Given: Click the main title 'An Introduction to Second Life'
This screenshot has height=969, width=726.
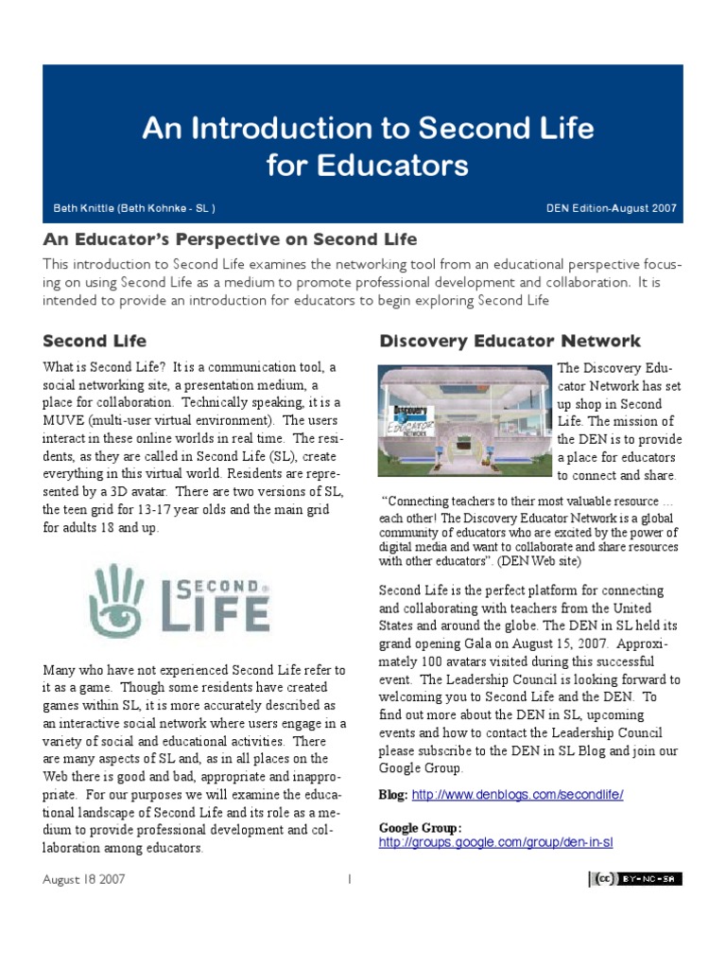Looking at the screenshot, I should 368,128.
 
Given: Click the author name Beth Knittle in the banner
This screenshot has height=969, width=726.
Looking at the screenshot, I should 139,208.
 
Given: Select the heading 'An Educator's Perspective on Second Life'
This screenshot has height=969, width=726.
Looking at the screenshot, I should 230,239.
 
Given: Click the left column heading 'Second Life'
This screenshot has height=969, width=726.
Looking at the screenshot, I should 95,340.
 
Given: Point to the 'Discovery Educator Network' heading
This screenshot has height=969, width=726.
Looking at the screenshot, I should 510,341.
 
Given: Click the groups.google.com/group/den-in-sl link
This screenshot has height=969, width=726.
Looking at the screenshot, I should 496,841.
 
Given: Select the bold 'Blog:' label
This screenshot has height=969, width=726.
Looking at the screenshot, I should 393,794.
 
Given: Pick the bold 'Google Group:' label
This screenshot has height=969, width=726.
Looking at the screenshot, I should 421,827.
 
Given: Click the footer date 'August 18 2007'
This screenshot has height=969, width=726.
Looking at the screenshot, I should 84,879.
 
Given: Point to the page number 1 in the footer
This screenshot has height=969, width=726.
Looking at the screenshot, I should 349,879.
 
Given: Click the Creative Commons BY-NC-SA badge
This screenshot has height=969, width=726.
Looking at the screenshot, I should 634,879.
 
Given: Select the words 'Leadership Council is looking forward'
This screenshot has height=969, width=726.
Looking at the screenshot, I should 561,679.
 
